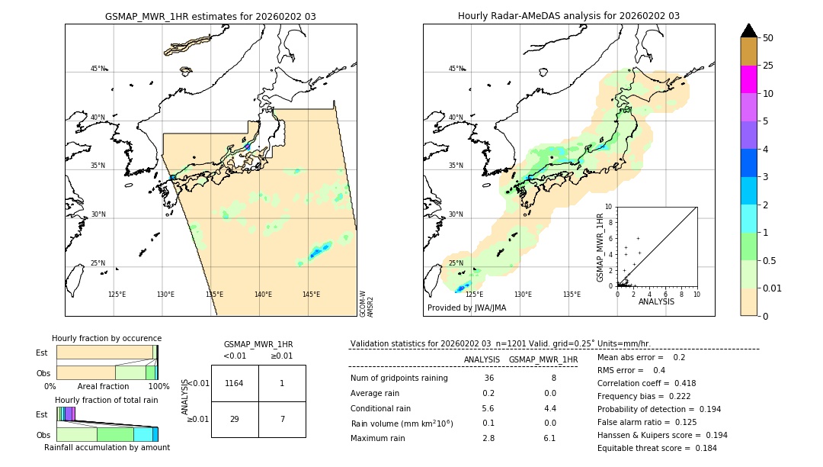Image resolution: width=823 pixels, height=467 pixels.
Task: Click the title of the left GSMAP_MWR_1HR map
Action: coord(210,16)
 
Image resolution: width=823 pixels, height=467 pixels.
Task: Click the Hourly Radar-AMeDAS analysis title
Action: coord(568,16)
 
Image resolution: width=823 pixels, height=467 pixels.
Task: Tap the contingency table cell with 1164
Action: coord(235,383)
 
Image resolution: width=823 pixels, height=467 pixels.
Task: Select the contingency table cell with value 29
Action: coord(235,419)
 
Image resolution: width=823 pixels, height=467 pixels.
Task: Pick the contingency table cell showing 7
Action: coord(282,419)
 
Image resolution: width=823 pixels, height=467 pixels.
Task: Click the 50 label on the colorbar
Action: coord(768,38)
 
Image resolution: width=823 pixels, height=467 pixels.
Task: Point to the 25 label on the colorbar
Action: coord(768,66)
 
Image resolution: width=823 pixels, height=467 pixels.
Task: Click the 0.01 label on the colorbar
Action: coord(773,288)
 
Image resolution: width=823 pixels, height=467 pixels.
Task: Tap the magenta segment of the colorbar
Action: coord(748,79)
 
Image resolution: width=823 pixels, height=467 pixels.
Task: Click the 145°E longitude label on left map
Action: coord(311,295)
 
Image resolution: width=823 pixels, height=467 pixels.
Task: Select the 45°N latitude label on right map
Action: coord(456,69)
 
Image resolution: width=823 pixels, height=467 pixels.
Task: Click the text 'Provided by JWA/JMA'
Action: coord(466,308)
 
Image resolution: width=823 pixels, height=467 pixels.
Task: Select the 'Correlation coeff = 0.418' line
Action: coord(646,383)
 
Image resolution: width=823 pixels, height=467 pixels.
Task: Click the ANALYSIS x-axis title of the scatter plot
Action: coord(656,301)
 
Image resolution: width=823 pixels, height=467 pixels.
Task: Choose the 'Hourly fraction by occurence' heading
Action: coord(107,338)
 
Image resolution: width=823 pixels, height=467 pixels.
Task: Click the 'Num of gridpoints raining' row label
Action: coord(399,378)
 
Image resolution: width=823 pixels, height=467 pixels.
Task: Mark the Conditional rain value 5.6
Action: coord(488,408)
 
